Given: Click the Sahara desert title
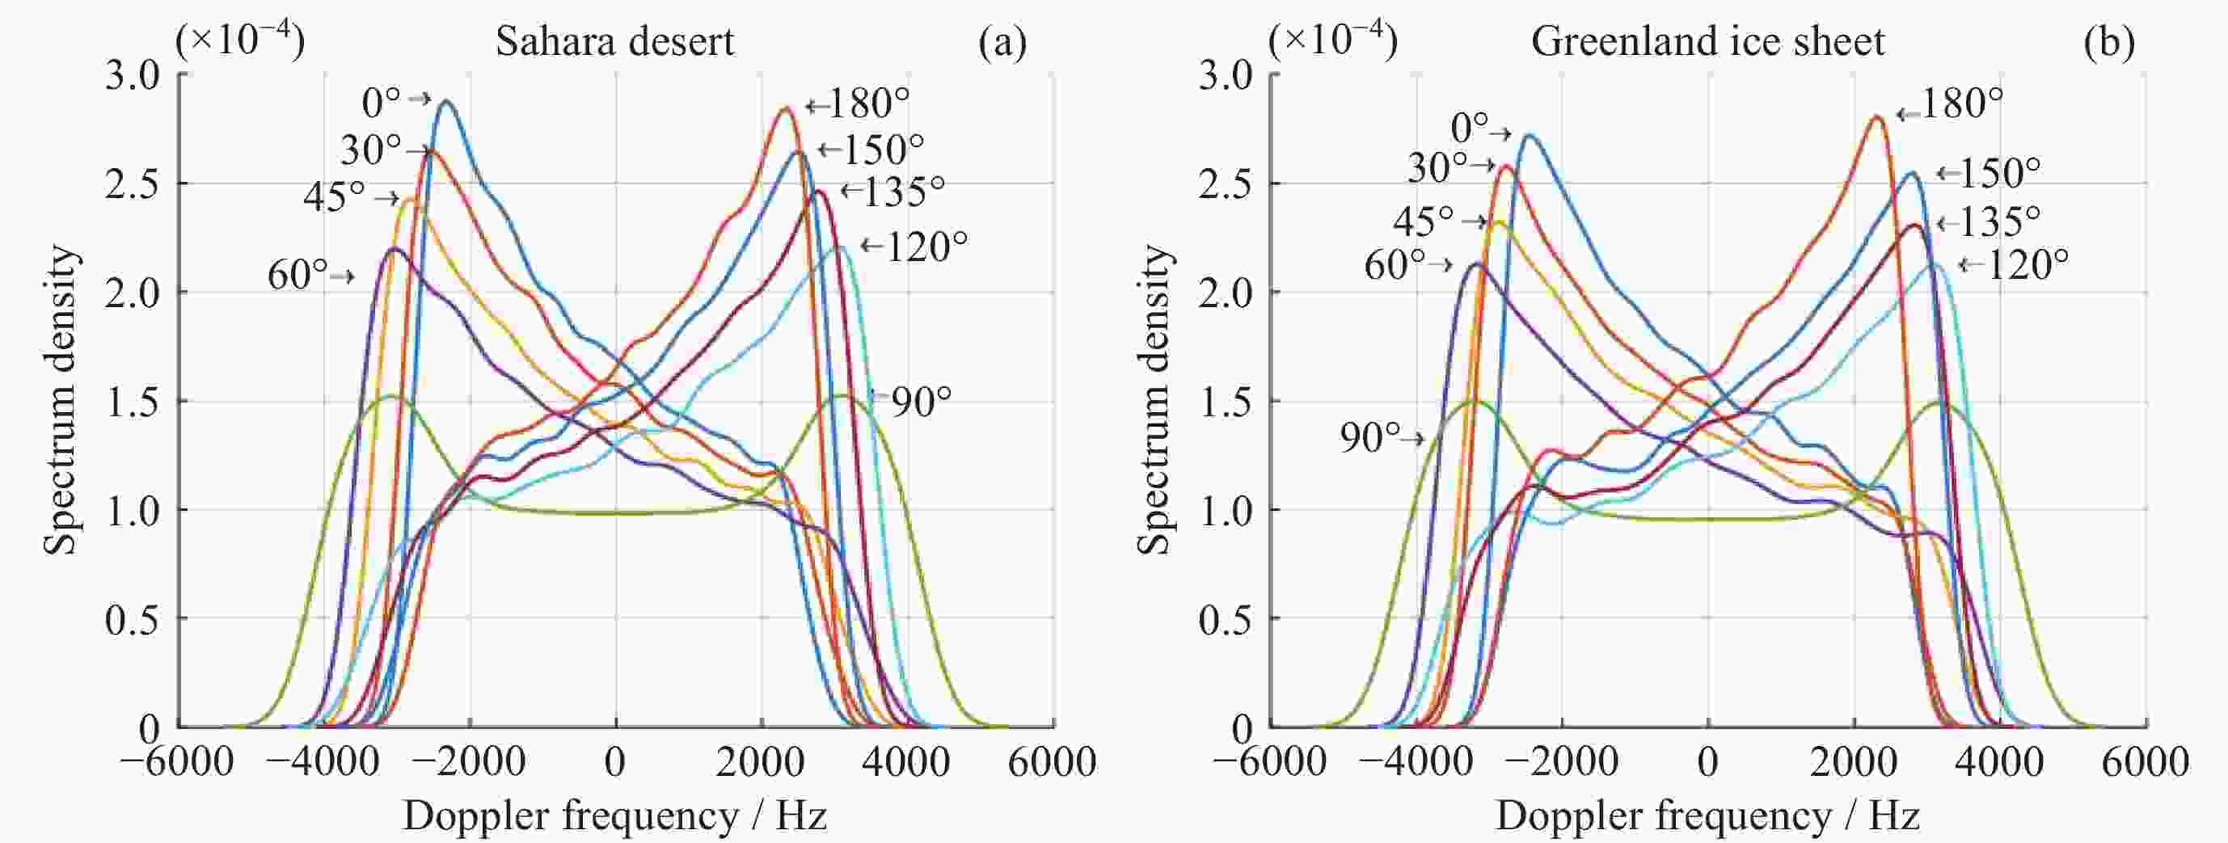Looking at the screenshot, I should point(614,41).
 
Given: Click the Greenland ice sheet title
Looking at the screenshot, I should point(1707,41).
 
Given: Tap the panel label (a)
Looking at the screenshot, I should point(1002,41).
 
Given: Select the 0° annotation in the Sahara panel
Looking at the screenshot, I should point(382,103).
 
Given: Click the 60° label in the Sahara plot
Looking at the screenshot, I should point(297,275).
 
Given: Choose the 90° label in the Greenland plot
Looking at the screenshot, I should point(1369,437).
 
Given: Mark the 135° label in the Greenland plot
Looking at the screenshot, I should point(1997,222).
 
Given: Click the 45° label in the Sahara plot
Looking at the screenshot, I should point(333,197).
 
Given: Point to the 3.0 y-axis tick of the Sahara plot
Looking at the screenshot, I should point(133,75).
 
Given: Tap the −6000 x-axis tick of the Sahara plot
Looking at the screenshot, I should point(177,761).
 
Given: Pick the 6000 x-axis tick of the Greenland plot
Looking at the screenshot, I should point(2146,761).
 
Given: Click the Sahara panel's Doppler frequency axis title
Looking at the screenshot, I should point(614,816).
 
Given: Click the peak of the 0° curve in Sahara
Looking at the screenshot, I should point(446,101).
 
